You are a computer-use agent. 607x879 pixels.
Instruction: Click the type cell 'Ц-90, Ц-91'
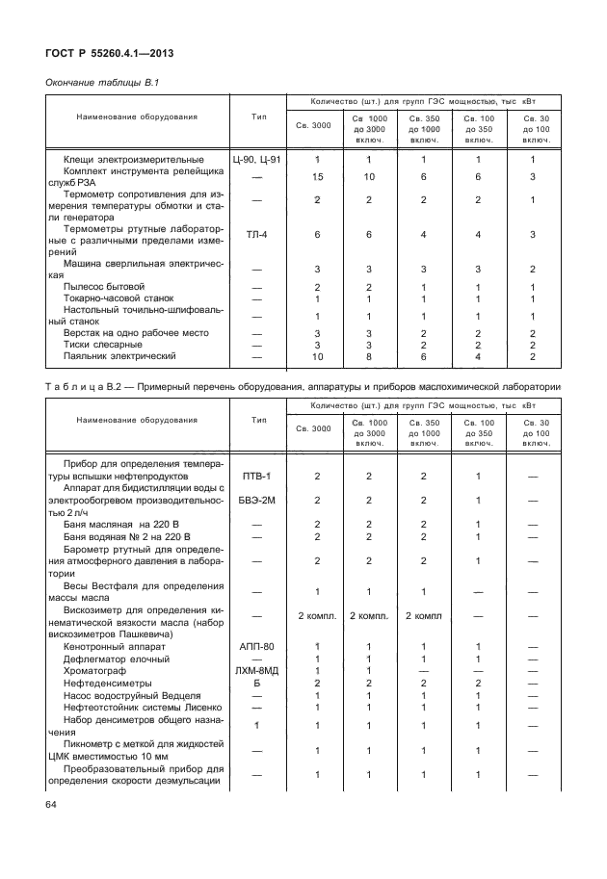click(x=256, y=159)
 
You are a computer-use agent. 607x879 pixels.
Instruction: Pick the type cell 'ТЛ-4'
click(x=256, y=234)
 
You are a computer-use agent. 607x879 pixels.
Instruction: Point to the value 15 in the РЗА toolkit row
click(x=317, y=177)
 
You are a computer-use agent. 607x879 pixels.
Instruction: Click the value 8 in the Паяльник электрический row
click(x=368, y=356)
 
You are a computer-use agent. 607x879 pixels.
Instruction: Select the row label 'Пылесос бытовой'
click(x=103, y=287)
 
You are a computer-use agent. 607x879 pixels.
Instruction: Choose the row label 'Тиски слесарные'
click(x=105, y=344)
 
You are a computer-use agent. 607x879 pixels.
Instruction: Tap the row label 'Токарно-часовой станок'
click(x=119, y=298)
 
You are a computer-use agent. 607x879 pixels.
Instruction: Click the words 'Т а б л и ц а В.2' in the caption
click(x=92, y=387)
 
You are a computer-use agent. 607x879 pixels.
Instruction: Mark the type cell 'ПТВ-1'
click(x=256, y=476)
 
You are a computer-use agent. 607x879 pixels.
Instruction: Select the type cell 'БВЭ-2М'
click(x=256, y=500)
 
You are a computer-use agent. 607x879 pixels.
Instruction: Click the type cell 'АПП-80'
click(x=256, y=647)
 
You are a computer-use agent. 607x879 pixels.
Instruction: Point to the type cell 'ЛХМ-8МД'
click(x=256, y=670)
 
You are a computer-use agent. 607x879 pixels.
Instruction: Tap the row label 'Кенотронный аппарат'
click(x=114, y=647)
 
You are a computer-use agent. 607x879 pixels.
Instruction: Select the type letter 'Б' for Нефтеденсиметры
click(x=256, y=683)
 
